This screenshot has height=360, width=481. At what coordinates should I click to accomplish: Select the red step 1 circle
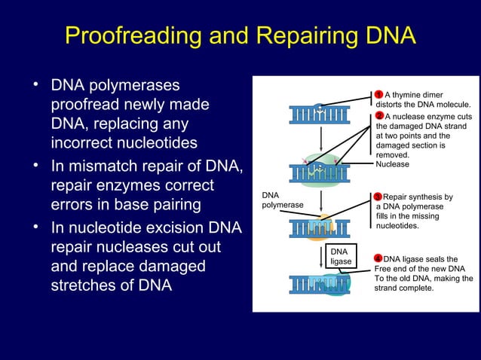coord(379,93)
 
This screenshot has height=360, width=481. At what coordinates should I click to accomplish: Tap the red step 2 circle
coord(379,116)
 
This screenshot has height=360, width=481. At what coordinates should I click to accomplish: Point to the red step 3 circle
coord(378,197)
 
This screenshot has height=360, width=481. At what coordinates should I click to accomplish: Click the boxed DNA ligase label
coord(340,256)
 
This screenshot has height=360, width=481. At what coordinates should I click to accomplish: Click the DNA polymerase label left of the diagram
coord(282,200)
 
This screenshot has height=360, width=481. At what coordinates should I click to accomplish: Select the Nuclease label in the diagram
coord(392,164)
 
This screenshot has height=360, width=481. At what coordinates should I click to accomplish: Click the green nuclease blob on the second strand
coord(320,172)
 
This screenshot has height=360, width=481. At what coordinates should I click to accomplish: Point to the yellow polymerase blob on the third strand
coord(320,226)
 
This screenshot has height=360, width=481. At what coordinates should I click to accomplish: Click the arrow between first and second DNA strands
coord(320,143)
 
